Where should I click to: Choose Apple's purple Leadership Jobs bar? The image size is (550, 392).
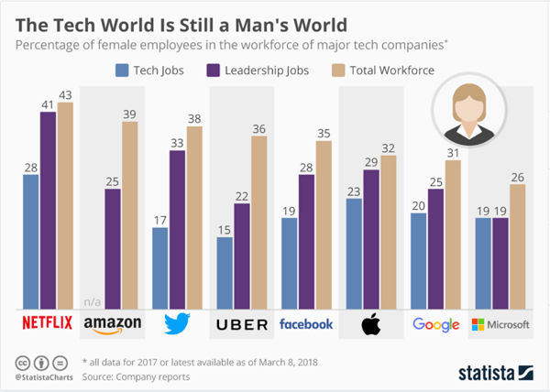pyautogui.click(x=371, y=238)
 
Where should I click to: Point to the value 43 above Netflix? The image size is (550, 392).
pyautogui.click(x=64, y=94)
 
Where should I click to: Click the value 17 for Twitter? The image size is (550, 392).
pyautogui.click(x=160, y=220)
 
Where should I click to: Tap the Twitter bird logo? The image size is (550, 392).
pyautogui.click(x=176, y=324)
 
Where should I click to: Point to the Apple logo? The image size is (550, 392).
pyautogui.click(x=371, y=323)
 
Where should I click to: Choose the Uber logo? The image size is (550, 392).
pyautogui.click(x=241, y=324)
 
